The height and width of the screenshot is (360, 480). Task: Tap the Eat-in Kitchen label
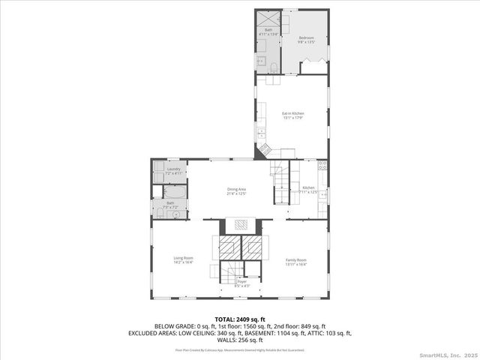(292, 115)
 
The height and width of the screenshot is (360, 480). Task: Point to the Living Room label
(184, 259)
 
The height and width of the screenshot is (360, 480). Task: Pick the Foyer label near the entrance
(241, 283)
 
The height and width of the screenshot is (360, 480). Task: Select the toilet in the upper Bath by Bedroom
(274, 68)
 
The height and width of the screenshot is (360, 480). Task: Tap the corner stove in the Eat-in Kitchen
(265, 151)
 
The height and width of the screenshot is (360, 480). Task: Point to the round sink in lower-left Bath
(175, 214)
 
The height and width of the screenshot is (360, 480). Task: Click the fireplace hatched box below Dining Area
(240, 223)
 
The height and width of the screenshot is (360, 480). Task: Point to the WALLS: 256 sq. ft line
(240, 339)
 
